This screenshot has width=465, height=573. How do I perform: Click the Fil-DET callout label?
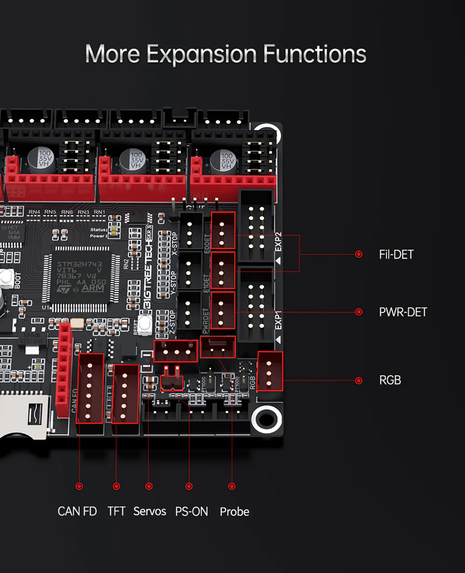click(395, 255)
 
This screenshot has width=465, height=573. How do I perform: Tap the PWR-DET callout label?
click(403, 312)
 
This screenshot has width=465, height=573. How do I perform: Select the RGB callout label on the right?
click(390, 381)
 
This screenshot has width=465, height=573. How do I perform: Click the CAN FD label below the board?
click(77, 512)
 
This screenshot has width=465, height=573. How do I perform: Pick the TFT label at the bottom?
click(116, 512)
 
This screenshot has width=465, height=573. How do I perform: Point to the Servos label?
click(150, 512)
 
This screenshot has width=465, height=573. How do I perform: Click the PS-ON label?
click(187, 512)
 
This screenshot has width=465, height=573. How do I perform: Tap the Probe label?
click(234, 512)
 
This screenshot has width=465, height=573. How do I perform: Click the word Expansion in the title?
click(201, 54)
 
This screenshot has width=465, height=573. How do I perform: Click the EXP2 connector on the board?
click(256, 225)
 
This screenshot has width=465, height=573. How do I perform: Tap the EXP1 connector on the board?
click(256, 305)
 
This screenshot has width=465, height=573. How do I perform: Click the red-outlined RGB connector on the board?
click(270, 371)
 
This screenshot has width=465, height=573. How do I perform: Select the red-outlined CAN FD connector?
click(90, 388)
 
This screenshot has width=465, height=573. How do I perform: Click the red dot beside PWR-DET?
click(359, 312)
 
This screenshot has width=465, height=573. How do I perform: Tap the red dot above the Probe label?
click(232, 486)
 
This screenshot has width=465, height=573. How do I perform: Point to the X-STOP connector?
click(190, 231)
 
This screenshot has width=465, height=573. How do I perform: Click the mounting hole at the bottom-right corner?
click(267, 417)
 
